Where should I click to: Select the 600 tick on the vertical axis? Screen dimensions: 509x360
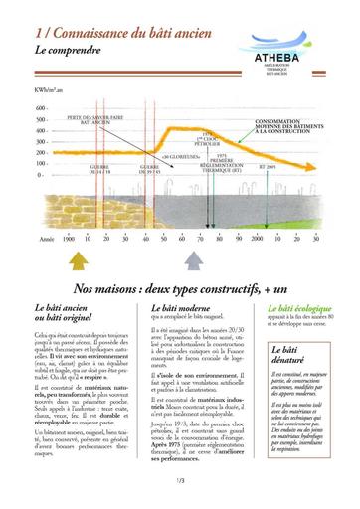tap(42, 119)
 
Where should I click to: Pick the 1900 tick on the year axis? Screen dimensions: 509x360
tap(69, 239)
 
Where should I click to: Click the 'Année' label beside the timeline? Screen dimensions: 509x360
tap(43, 239)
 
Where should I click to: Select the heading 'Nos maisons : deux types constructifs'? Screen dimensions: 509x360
tap(166, 287)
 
